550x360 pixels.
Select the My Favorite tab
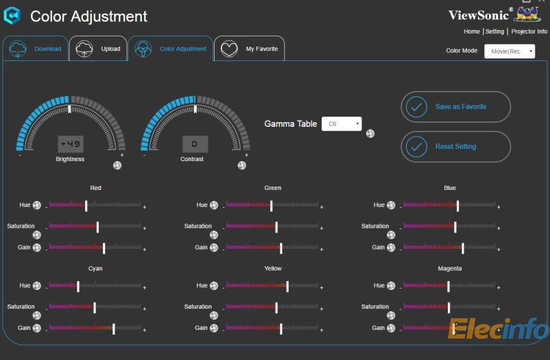250,49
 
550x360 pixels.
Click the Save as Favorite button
455,107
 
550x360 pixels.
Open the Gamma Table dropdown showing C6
342,124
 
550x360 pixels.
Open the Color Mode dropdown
510,51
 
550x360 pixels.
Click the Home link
472,32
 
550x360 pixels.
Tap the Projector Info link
529,32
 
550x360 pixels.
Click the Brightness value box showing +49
70,144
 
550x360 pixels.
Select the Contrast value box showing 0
195,144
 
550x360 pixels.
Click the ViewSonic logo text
479,15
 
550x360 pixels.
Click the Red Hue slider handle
86,205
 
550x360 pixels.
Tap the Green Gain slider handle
281,248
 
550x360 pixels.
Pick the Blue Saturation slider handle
455,226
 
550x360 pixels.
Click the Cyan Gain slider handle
114,328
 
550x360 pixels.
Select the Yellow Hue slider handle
287,286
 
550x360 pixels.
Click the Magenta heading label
450,269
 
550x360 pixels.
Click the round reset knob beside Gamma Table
370,134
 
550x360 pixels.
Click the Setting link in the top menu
494,32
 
